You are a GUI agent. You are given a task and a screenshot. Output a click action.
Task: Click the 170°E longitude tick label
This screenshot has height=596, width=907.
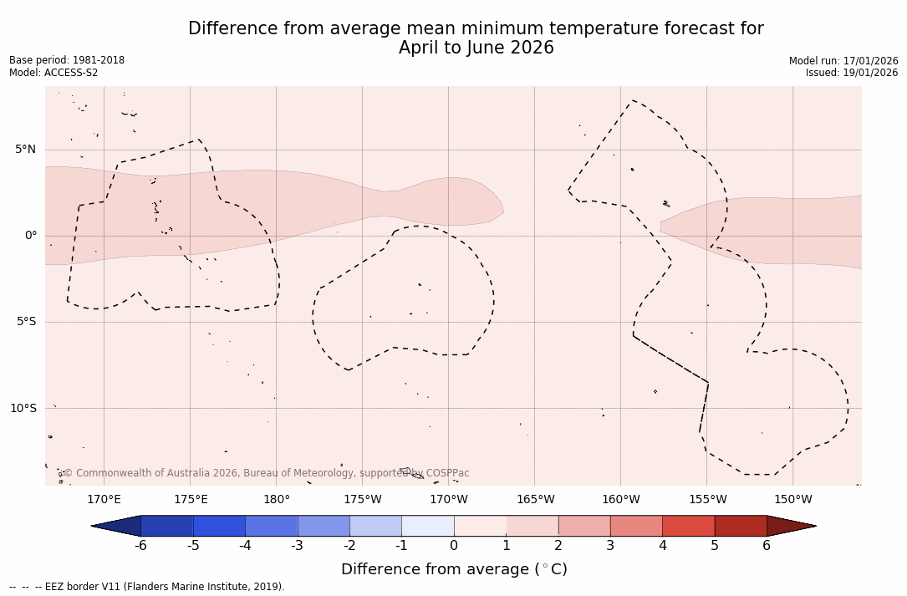coord(104,500)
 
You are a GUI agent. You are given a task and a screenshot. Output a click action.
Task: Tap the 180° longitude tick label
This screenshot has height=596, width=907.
coord(277,500)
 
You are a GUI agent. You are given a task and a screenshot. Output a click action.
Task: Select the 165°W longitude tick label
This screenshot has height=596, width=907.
coord(535,500)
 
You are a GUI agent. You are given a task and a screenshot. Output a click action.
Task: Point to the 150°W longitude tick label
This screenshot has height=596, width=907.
coord(793,500)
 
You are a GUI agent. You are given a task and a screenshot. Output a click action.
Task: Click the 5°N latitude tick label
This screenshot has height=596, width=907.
coord(26,150)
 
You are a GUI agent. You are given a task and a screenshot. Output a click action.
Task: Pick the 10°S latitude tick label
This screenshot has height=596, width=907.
coord(23,408)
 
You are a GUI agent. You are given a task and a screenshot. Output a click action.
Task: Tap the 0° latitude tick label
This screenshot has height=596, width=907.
coord(31,236)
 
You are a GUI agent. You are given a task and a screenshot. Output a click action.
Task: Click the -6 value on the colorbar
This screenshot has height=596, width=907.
coord(140,546)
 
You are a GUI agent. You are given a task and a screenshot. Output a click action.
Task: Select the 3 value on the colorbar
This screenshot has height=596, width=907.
coord(610,546)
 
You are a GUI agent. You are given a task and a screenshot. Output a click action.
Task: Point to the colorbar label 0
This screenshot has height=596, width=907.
coord(454,546)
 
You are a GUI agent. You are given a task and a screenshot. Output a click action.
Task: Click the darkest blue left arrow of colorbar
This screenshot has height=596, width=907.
coord(117,526)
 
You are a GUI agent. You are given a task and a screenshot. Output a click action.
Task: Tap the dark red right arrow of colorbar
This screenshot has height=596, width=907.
coord(790,526)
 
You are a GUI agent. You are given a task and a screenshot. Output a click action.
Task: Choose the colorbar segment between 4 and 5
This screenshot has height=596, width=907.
coord(688,526)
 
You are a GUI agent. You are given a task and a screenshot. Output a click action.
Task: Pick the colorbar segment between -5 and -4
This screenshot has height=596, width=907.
coord(219,526)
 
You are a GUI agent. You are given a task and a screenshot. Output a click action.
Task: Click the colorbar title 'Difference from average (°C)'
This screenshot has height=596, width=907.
coord(454,569)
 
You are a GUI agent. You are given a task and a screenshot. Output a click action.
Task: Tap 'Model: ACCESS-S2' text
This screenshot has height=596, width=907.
coord(54,73)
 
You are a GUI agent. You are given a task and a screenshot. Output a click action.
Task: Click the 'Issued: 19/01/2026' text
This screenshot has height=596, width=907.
coord(852,73)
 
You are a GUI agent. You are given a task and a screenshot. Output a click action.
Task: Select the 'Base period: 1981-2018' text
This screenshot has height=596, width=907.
coord(67,60)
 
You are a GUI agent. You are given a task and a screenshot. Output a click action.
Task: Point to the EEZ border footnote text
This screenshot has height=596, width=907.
coord(147,587)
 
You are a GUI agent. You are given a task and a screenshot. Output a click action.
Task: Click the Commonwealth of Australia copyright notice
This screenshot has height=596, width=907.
coord(267,473)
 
